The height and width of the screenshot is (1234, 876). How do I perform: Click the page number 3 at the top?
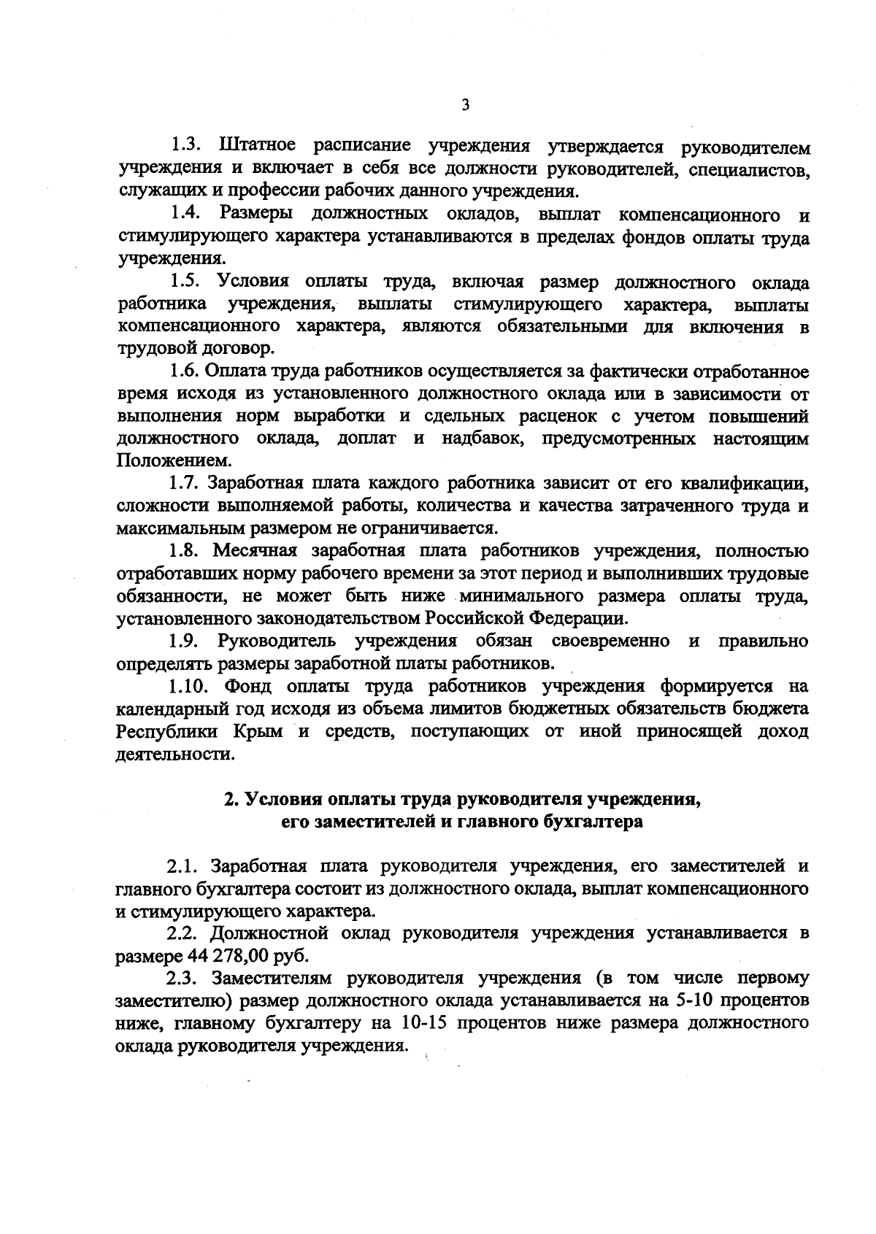click(465, 105)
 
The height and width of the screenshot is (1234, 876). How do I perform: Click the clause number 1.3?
click(186, 147)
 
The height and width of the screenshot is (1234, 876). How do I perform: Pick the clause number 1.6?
click(186, 371)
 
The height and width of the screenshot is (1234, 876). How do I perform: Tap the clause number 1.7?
click(186, 483)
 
